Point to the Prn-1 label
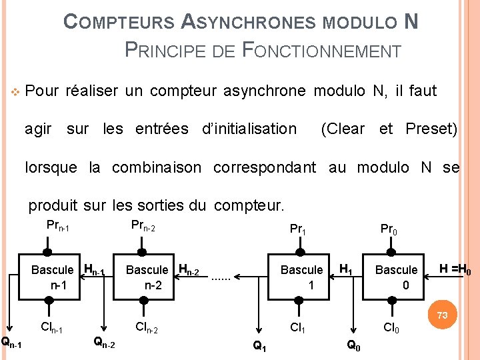[x=58, y=226]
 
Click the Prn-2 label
[x=143, y=226]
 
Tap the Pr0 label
[x=389, y=229]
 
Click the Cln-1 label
[x=52, y=327]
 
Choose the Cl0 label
[x=391, y=327]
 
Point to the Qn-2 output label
[x=103, y=343]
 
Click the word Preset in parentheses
[x=432, y=129]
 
